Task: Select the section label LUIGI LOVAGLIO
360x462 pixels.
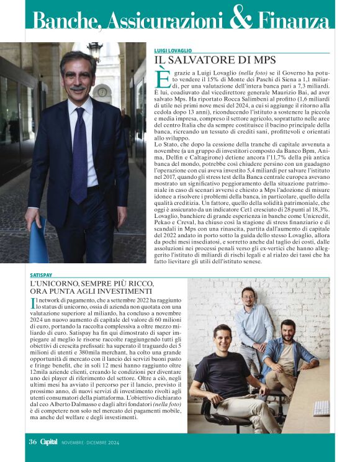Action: [173, 50]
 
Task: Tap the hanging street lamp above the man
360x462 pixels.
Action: [95, 50]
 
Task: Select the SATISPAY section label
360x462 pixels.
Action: [40, 274]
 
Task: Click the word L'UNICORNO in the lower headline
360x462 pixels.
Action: [51, 284]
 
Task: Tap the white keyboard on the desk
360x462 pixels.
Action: [321, 408]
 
